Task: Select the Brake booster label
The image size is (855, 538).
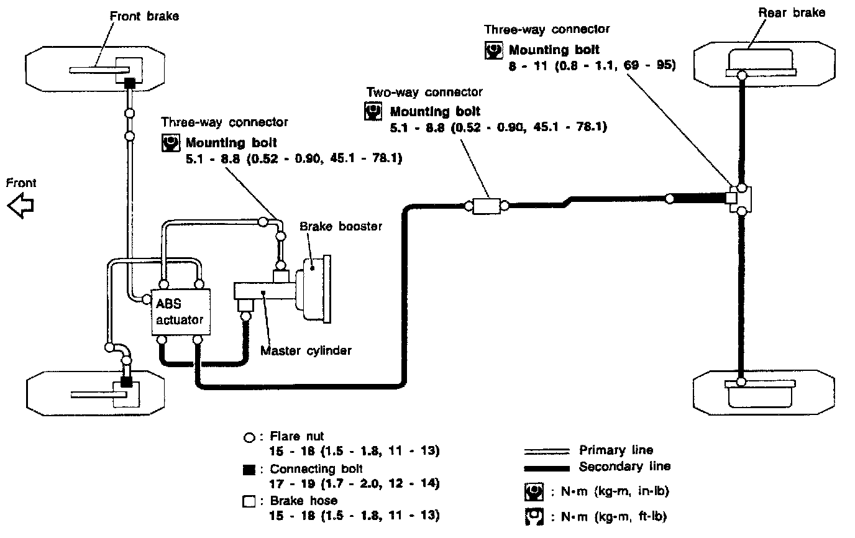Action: (341, 226)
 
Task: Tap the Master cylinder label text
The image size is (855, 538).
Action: (306, 350)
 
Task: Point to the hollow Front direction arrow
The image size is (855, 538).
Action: (21, 206)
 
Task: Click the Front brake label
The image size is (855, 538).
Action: (144, 16)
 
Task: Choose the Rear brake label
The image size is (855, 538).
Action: (792, 12)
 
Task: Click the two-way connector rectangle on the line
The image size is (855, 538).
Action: (485, 206)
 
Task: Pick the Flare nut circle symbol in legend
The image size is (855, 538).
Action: (249, 437)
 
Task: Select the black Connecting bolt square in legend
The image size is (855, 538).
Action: (249, 470)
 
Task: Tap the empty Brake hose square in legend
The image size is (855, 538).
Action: (249, 501)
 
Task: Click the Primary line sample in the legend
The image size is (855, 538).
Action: (547, 450)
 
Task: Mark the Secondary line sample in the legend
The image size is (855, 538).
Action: (547, 467)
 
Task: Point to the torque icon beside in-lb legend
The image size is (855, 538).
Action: (533, 492)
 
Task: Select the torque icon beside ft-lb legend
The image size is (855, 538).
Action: (533, 516)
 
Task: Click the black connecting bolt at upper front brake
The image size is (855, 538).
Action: (130, 83)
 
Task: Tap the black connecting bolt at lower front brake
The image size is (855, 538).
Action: (126, 381)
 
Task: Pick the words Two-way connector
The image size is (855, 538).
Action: (424, 93)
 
